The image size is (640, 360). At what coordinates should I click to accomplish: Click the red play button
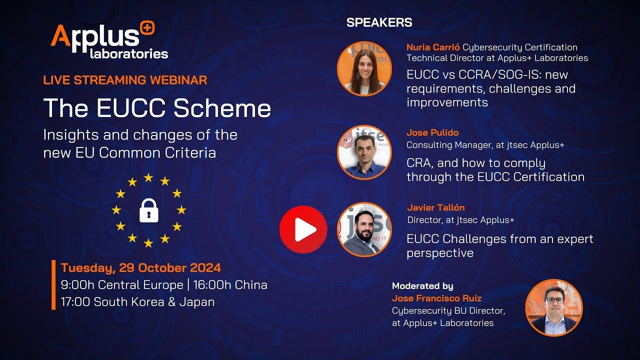[x=303, y=229]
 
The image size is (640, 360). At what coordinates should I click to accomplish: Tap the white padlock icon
[x=148, y=210]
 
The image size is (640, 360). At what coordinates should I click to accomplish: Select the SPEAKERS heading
[x=379, y=22]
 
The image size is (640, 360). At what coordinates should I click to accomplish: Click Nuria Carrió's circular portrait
[x=364, y=68]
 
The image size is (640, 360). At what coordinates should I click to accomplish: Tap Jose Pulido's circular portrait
[x=364, y=152]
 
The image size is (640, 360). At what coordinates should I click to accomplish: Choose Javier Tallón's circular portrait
[x=364, y=229]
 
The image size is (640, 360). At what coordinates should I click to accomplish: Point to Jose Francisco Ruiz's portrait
[x=554, y=307]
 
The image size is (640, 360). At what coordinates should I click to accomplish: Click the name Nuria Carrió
[x=433, y=47]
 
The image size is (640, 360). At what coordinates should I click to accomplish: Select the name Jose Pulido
[x=432, y=133]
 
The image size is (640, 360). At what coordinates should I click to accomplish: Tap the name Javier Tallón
[x=436, y=207]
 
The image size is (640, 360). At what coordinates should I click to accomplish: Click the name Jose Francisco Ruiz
[x=437, y=298]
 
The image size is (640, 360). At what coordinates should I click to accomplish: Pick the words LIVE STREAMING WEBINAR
[x=125, y=80]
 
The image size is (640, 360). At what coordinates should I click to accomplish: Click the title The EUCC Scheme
[x=157, y=108]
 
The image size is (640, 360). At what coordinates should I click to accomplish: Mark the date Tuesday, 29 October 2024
[x=140, y=268]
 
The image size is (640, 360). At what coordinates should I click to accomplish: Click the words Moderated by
[x=422, y=286]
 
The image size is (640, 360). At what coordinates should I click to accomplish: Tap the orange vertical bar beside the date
[x=53, y=285]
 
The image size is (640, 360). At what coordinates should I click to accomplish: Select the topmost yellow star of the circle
[x=148, y=177]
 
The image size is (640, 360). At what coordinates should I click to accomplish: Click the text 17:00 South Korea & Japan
[x=137, y=302]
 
